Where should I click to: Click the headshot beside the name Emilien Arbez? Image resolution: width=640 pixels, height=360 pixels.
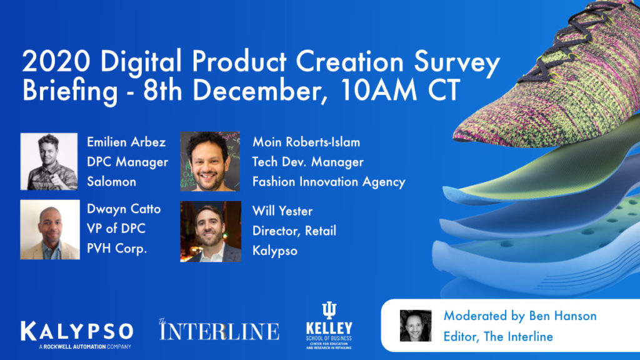click(49, 161)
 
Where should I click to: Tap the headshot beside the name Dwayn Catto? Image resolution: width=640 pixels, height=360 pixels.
click(50, 229)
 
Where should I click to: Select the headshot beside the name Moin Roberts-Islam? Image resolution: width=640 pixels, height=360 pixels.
click(210, 161)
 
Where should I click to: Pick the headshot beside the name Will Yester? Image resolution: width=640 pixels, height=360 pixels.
click(211, 231)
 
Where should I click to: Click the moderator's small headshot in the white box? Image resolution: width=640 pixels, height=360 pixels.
click(416, 325)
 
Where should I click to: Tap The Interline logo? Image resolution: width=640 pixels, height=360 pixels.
click(219, 330)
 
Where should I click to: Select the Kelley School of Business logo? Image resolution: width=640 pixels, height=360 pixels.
click(329, 325)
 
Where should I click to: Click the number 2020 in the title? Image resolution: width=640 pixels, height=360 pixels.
click(56, 62)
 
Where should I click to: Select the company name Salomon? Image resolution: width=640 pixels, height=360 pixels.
click(111, 181)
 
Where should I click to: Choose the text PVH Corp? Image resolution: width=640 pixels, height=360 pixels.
click(117, 248)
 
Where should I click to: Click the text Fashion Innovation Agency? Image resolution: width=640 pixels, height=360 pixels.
click(329, 182)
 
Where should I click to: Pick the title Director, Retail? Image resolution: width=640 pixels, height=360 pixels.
click(294, 231)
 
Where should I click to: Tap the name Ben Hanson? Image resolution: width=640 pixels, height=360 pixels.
click(563, 316)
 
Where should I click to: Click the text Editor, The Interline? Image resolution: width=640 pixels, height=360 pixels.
click(498, 336)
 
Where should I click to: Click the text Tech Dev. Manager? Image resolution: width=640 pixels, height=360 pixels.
click(307, 162)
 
